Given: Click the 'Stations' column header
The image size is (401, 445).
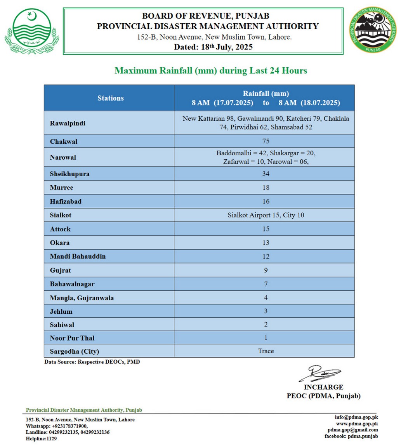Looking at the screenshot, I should (111, 98).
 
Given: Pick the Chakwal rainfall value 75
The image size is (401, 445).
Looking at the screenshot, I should (266, 141).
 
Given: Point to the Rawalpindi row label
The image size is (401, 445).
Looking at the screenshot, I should (68, 123).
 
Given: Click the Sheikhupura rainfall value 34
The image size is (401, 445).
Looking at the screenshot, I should (266, 174).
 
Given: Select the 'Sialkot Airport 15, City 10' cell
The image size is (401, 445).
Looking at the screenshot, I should (266, 215).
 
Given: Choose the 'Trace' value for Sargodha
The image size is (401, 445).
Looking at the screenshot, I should (266, 351).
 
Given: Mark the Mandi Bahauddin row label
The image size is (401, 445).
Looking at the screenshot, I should (78, 257).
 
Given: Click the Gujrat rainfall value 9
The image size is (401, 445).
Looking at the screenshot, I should (266, 270).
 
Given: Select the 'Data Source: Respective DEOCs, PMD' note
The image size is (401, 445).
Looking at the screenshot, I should (92, 362).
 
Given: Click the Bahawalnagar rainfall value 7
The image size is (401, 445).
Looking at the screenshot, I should (266, 284).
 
